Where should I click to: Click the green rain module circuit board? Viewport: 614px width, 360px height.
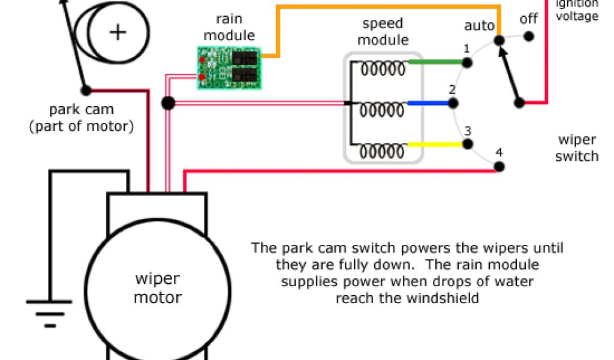point(230,67)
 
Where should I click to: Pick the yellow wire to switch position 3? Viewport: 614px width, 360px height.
point(437,145)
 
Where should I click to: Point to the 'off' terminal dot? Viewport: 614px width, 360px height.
point(529,37)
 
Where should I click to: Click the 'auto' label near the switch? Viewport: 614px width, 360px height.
point(479,26)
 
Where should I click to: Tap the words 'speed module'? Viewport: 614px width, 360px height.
point(383,32)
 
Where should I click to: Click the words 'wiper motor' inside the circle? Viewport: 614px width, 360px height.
point(157,288)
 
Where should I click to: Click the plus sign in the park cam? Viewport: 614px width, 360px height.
point(118,32)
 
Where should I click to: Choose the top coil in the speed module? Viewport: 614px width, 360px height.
point(383,69)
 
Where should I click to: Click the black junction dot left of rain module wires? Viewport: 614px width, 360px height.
point(168,103)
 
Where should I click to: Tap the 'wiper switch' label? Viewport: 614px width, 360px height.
point(577,148)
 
